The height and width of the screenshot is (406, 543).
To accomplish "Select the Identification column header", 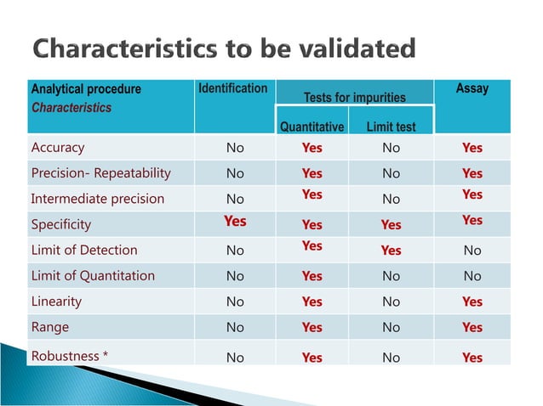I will click(232, 88).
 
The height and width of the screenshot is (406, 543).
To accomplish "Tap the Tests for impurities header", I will click(355, 98).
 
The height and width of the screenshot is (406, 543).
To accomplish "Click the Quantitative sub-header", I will click(312, 127).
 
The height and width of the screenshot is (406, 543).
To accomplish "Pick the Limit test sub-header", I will click(391, 127).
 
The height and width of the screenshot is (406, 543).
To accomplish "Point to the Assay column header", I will click(472, 88).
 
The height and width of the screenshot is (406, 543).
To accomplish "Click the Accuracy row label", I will click(58, 148).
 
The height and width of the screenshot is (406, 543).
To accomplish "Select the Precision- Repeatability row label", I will click(100, 173).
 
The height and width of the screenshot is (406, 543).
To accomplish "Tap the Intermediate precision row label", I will click(97, 200).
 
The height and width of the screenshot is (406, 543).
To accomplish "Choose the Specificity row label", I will click(60, 225).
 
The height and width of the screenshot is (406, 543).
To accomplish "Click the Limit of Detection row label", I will click(83, 251).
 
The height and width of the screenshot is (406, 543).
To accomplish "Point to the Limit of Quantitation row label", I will click(93, 276).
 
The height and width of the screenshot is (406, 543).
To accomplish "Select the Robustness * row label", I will click(69, 356).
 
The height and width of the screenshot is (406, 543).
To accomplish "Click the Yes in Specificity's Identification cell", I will click(235, 221).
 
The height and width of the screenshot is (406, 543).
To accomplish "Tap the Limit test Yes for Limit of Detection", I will click(391, 251).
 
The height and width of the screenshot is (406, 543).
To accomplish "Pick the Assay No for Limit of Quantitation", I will click(472, 276).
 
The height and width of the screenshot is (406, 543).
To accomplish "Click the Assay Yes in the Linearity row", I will click(472, 302).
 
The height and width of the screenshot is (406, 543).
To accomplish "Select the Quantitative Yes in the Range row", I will click(312, 327).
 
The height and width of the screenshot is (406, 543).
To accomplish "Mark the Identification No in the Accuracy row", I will click(235, 148).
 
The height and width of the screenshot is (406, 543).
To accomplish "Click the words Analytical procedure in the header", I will click(86, 89).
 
